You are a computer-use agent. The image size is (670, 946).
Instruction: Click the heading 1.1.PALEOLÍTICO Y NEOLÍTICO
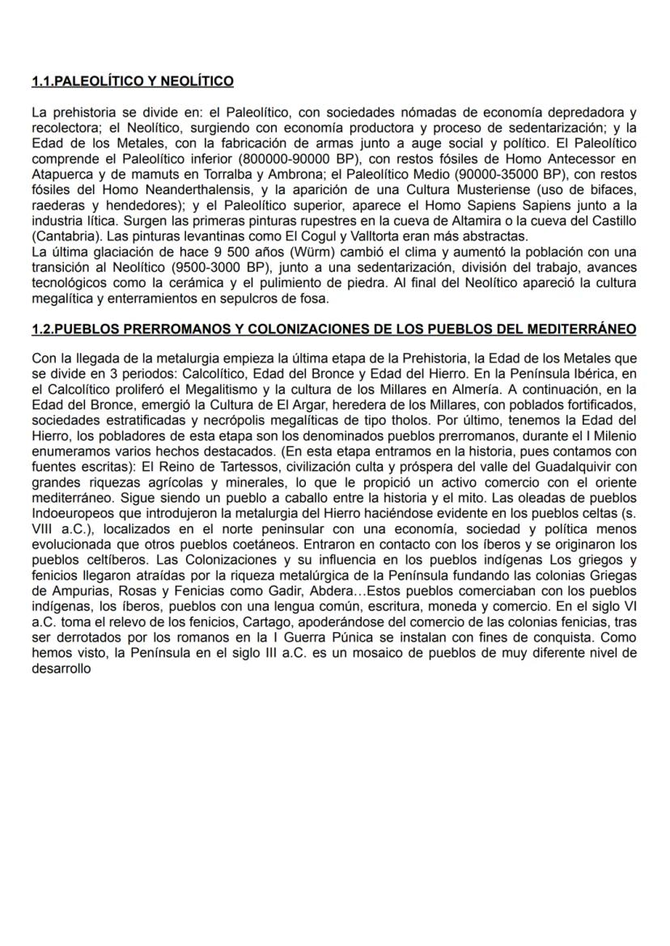pyautogui.click(x=133, y=81)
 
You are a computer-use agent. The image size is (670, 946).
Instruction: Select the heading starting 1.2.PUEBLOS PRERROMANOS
pyautogui.click(x=333, y=329)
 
